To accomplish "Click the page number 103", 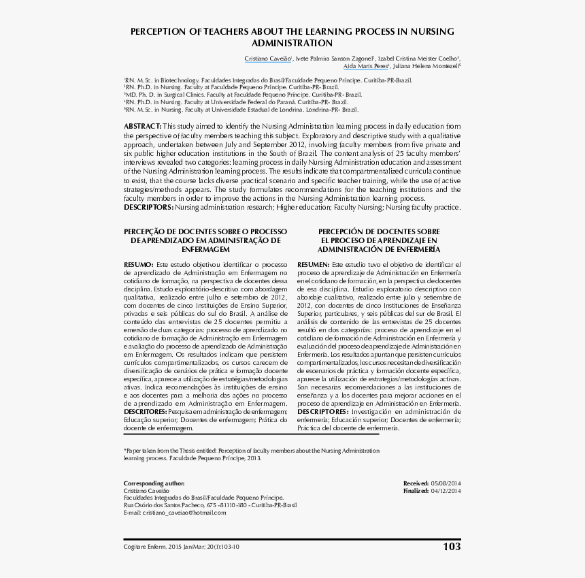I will [451, 546].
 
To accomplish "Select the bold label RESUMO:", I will [138, 263].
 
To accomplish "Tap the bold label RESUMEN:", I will [314, 263].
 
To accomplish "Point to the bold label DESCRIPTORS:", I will [148, 207].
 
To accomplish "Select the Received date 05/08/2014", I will [446, 483].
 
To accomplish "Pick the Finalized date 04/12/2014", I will [446, 490].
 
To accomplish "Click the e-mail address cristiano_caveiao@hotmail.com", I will [184, 513].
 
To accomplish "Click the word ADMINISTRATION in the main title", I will [292, 43].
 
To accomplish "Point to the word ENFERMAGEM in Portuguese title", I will [204, 250].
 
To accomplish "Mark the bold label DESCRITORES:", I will [145, 412].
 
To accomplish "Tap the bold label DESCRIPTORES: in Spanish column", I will [322, 412].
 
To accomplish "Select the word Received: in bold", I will [416, 483].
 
